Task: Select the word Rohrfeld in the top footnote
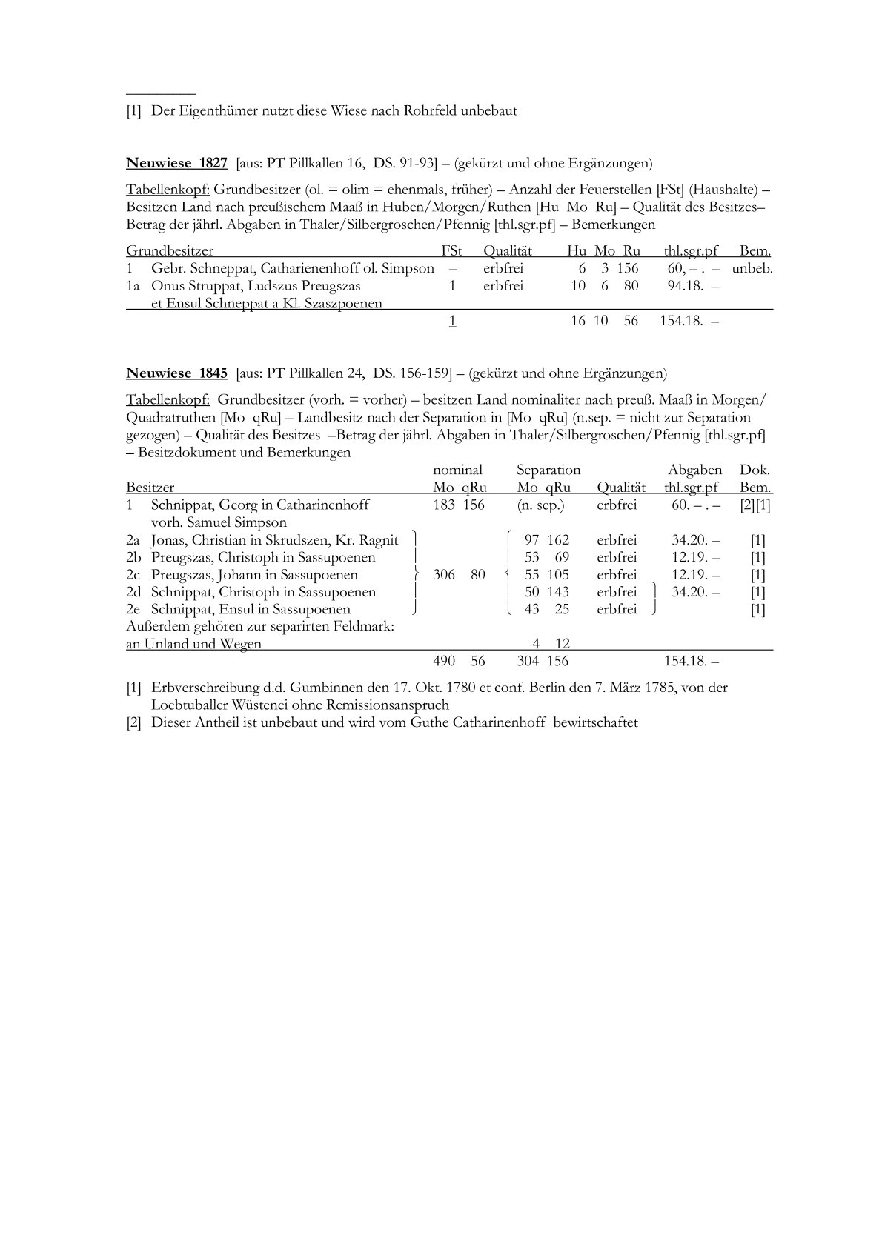click(x=430, y=111)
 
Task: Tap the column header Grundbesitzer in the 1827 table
click(x=170, y=251)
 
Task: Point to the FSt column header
click(x=451, y=251)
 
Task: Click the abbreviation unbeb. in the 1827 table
click(x=752, y=268)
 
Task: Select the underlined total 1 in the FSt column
click(x=452, y=321)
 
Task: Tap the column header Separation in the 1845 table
click(x=548, y=470)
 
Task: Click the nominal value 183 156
click(x=459, y=505)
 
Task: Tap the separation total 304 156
click(x=543, y=661)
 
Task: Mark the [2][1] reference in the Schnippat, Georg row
click(x=755, y=505)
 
